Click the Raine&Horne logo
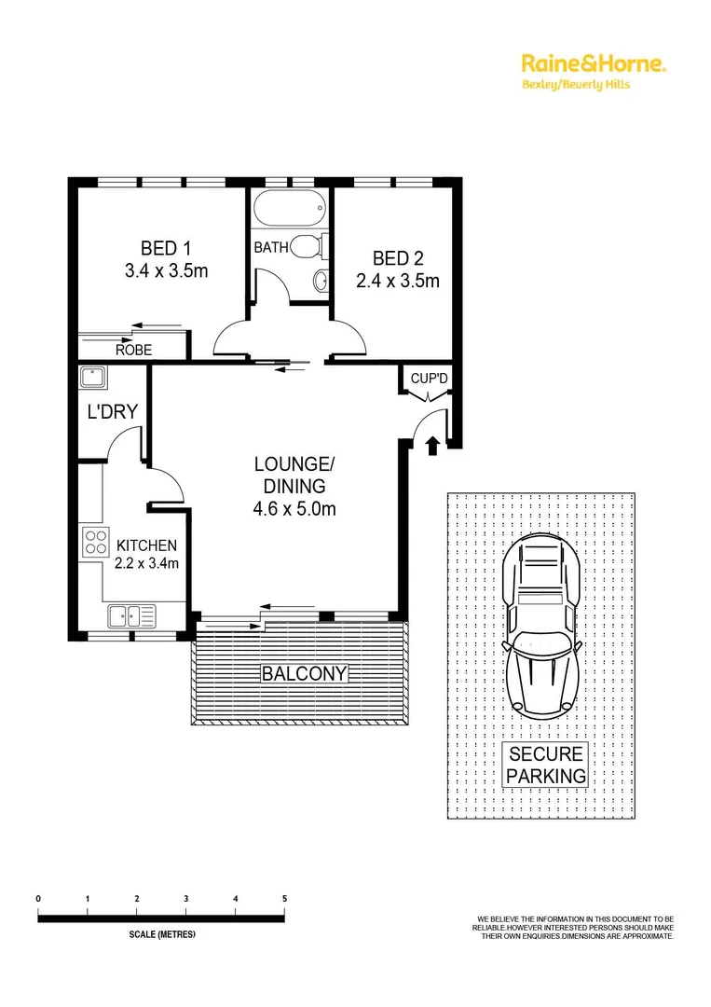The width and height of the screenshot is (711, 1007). tap(593, 64)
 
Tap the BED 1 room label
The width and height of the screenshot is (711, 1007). tap(166, 248)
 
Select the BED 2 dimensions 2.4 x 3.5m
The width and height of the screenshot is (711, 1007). tap(397, 280)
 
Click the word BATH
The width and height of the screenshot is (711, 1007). tap(271, 248)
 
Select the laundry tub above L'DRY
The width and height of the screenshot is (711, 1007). tap(93, 378)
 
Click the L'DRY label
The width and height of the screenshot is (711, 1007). tap(112, 411)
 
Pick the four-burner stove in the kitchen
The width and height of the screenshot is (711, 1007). tap(94, 543)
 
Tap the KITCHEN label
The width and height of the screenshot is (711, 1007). tap(145, 545)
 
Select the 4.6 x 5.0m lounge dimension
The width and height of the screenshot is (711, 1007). tap(294, 509)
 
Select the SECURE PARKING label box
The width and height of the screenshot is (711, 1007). tap(546, 765)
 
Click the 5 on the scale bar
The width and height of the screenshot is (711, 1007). tap(284, 898)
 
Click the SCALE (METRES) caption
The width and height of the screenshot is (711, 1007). tap(161, 934)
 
